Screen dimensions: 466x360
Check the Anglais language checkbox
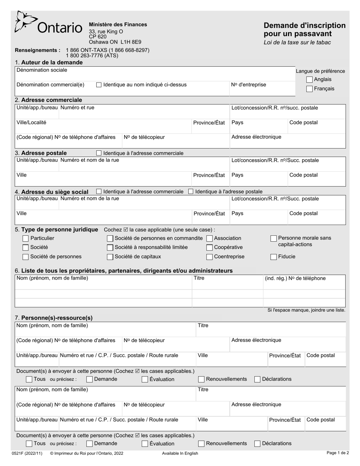310,80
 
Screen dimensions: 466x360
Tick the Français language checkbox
310,89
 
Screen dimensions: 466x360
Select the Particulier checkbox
26,239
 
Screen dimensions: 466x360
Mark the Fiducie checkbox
274,257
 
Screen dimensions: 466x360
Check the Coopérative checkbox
210,248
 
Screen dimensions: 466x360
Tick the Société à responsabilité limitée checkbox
110,248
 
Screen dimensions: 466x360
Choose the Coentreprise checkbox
210,257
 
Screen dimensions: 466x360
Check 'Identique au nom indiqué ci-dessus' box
99,85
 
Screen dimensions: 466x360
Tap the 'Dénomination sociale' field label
42,70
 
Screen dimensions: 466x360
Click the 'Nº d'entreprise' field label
249,85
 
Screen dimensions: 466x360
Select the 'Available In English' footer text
180,453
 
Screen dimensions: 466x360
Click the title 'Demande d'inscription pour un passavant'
305,30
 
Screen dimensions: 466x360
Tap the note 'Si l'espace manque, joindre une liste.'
306,310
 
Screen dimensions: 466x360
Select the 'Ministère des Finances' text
118,25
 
